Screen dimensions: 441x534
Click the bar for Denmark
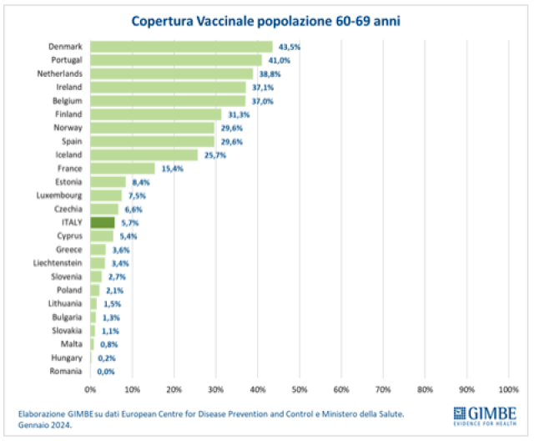tap(181, 47)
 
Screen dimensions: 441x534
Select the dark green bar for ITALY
tap(102, 222)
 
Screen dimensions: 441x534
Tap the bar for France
tap(122, 168)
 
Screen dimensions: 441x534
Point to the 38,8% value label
tap(270, 73)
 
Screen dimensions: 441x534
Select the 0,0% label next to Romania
tap(105, 371)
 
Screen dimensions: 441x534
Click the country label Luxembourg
tap(59, 195)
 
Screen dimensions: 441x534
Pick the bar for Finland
tap(155, 114)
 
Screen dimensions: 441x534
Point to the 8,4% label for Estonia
tap(140, 181)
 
